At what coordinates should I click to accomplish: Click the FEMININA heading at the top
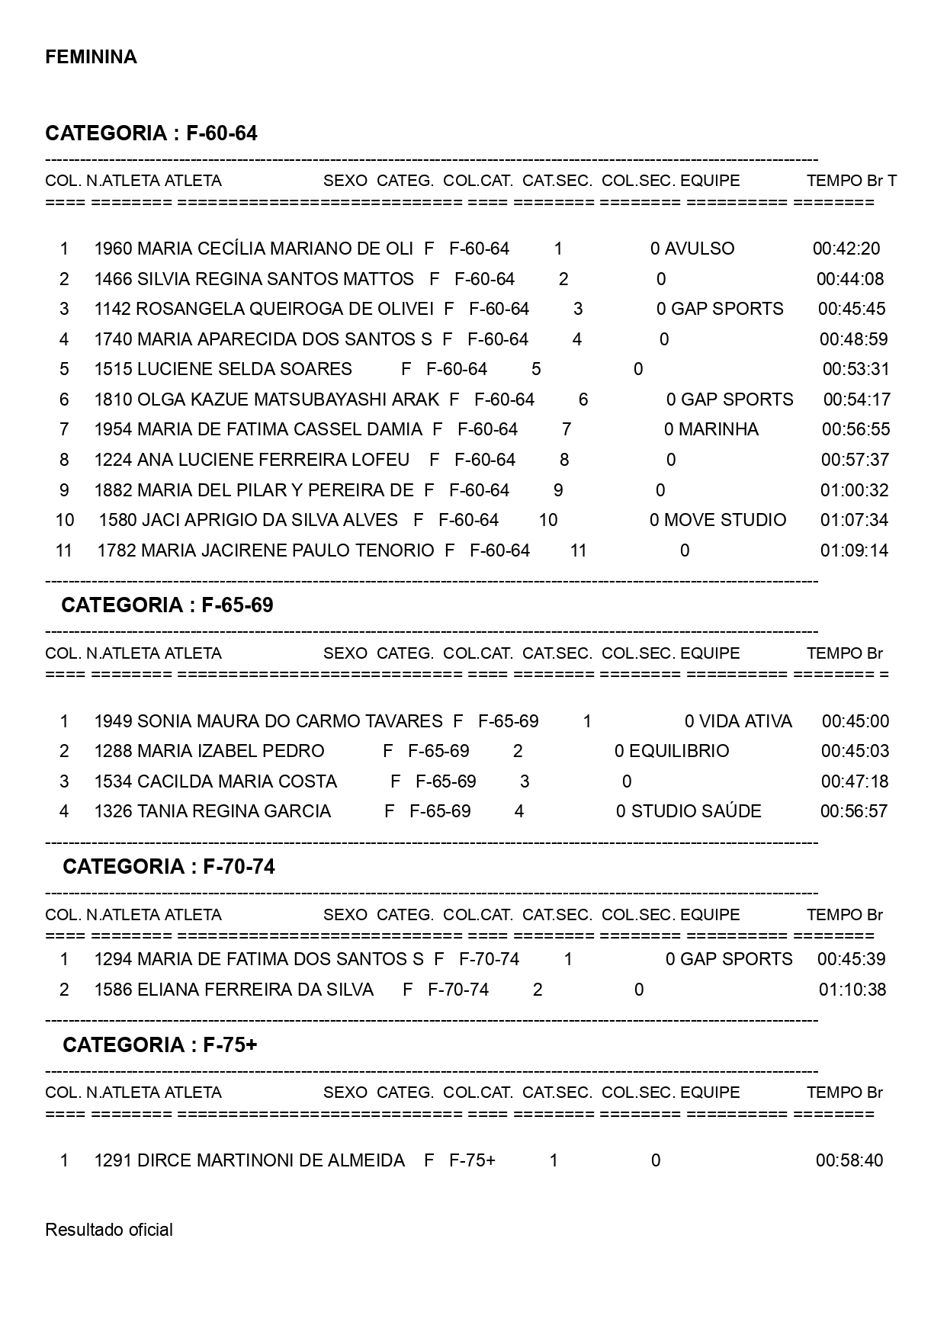91,57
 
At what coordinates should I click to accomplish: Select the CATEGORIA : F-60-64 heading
151,133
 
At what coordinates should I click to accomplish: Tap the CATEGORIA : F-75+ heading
159,1044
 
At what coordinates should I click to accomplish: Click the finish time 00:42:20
846,249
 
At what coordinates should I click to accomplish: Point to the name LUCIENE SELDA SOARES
244,369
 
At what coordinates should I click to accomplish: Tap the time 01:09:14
854,550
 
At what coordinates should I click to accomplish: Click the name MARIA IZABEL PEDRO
230,751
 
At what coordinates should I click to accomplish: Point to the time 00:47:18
854,781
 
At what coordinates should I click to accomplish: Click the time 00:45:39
851,959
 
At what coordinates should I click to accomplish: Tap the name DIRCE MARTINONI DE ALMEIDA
271,1160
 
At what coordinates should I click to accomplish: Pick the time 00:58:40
849,1160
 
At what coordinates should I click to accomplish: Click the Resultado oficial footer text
109,1230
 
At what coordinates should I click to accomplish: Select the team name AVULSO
699,249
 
